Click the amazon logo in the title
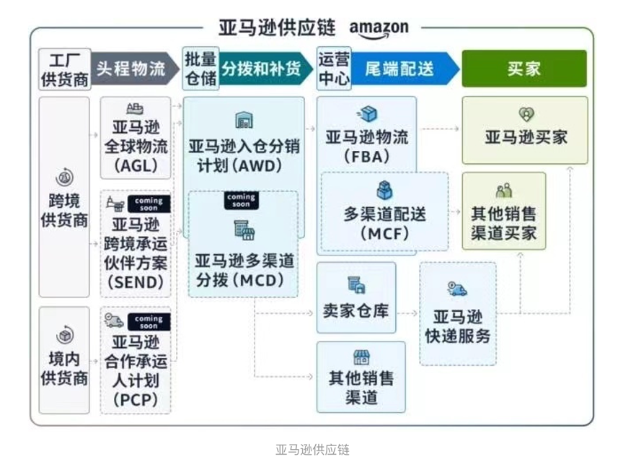[379, 29]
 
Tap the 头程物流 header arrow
[133, 69]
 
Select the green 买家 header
[523, 69]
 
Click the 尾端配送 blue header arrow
[402, 69]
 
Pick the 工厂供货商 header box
[64, 69]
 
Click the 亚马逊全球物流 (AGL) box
[136, 139]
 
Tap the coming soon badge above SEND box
[149, 204]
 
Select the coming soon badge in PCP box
[149, 321]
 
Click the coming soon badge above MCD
[241, 200]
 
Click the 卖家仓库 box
[356, 297]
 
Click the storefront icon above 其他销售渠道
[361, 357]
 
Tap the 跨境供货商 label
[64, 209]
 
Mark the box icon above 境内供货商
[64, 336]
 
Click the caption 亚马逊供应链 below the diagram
[312, 449]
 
